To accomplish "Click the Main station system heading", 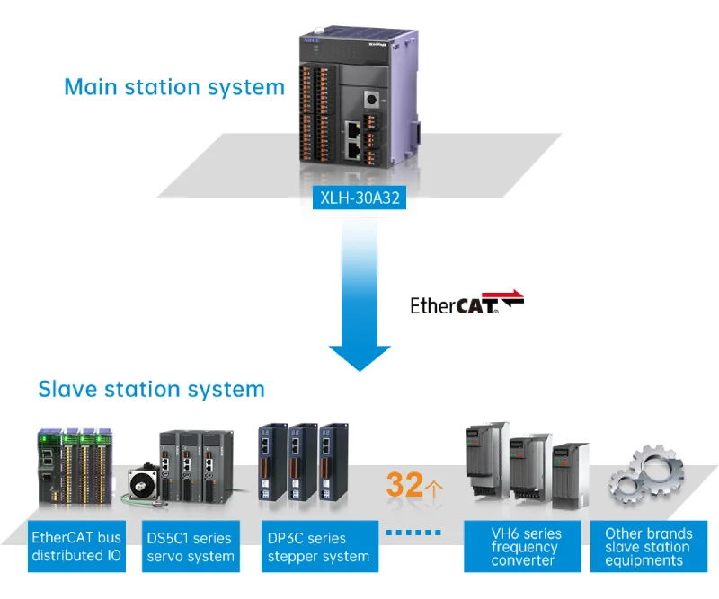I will click(174, 87).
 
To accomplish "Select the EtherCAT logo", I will click(466, 304).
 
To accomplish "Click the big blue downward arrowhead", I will click(359, 352).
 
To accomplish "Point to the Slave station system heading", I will click(151, 389).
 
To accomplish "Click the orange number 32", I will click(404, 485).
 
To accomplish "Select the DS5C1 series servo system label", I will click(190, 547).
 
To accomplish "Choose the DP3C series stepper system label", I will click(319, 547).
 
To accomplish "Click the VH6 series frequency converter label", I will click(525, 547).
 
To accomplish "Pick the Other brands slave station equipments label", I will click(648, 547).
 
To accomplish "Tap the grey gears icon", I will click(644, 476).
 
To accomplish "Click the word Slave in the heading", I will click(67, 389).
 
